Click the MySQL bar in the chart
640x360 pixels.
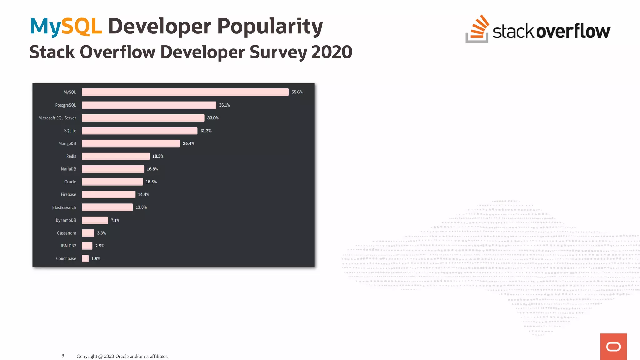point(185,92)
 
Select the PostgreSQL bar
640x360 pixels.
point(149,105)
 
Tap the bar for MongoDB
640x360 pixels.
point(131,143)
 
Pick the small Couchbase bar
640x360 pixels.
point(85,259)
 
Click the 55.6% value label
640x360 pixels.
point(297,92)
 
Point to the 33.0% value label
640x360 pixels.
point(213,118)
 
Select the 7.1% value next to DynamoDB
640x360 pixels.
point(115,220)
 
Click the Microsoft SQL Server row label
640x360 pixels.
point(57,118)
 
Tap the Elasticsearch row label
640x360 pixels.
point(64,207)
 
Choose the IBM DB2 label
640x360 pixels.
point(68,246)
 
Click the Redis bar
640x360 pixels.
point(116,156)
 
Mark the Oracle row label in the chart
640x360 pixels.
point(70,182)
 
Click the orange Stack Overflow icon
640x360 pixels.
point(477,29)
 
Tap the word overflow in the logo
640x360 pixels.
point(573,31)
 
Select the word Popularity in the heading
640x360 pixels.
point(270,27)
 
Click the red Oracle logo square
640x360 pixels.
point(613,347)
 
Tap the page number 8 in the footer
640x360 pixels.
point(63,356)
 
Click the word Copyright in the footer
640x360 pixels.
point(87,356)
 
